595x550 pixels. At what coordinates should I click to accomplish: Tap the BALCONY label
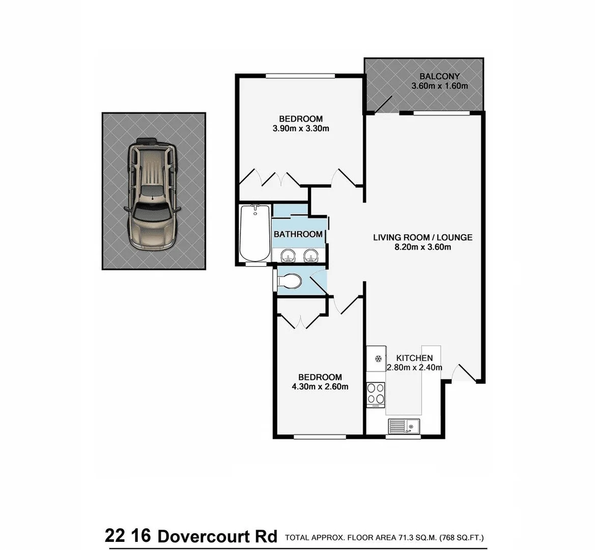pos(439,77)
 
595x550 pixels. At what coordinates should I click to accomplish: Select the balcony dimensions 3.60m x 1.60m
pos(439,87)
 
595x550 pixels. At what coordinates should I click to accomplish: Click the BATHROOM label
pos(298,234)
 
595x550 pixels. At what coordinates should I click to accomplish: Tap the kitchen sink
pos(403,425)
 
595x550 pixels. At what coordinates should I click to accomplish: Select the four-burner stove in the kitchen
pos(376,393)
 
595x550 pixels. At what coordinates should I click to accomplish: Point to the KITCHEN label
pos(414,358)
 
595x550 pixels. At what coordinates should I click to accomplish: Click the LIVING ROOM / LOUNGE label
pos(422,237)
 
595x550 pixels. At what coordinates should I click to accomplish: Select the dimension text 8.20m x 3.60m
pos(422,248)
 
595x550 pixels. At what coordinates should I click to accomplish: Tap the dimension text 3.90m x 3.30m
pos(301,128)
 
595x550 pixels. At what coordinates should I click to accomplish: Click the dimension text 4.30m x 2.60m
pos(320,387)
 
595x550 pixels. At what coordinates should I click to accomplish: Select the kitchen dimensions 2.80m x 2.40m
pos(414,368)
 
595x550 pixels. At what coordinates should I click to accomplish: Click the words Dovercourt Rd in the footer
pos(217,536)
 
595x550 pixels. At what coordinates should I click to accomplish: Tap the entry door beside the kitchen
pos(464,373)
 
